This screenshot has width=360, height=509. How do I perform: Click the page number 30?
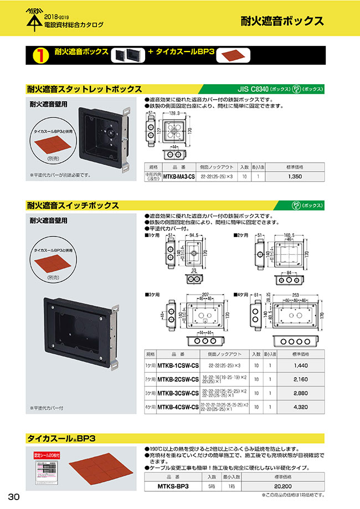pyautogui.click(x=13, y=496)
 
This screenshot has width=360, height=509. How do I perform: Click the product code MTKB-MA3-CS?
pyautogui.click(x=179, y=176)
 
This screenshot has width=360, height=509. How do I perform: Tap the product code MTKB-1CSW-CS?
pyautogui.click(x=178, y=366)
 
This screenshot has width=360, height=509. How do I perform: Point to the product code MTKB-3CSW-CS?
pyautogui.click(x=178, y=393)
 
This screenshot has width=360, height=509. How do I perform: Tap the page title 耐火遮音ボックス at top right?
pyautogui.click(x=282, y=22)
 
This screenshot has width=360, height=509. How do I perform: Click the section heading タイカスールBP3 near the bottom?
pyautogui.click(x=61, y=438)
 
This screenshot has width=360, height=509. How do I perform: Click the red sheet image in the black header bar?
pyautogui.click(x=233, y=55)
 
